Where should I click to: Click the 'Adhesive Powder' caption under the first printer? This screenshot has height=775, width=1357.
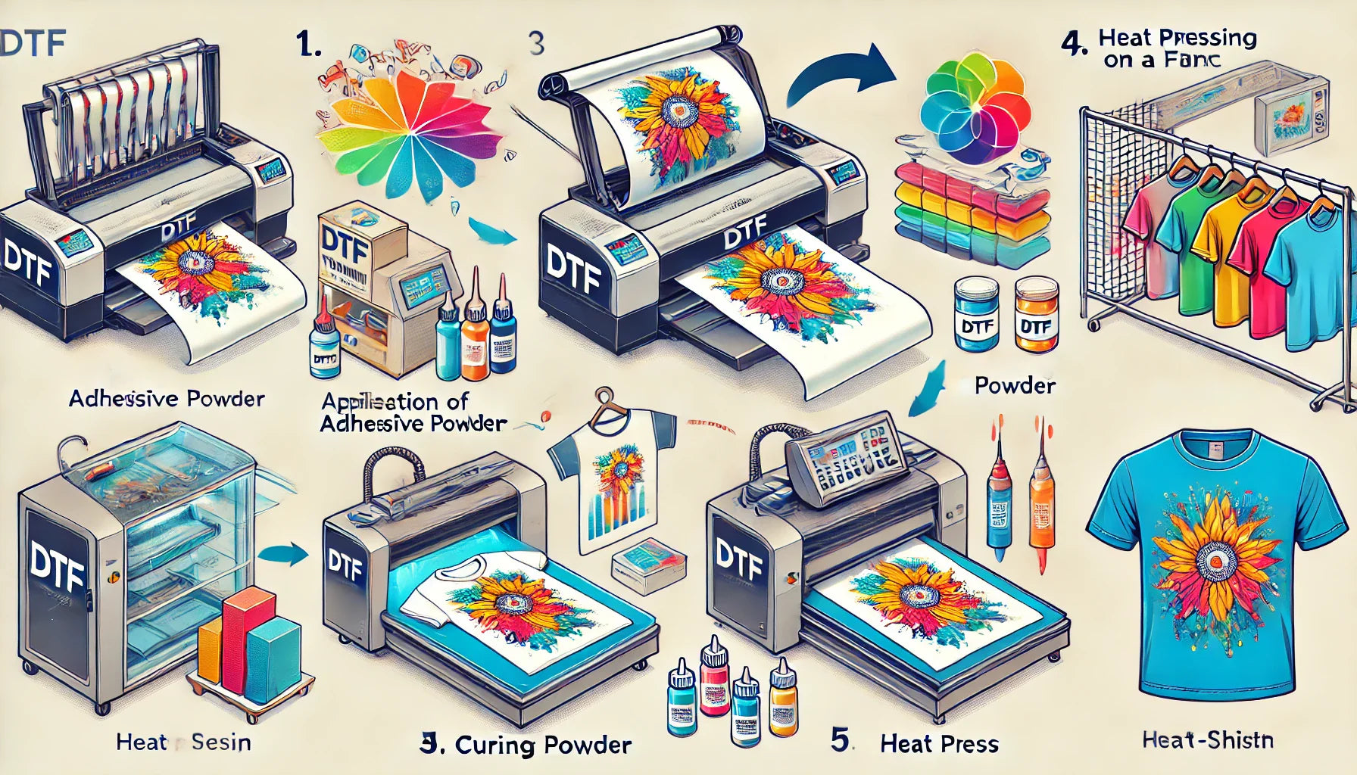pos(167,398)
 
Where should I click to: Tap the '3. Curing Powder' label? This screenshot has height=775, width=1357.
pos(526,745)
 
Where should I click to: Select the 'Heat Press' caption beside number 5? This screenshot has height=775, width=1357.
pos(939,744)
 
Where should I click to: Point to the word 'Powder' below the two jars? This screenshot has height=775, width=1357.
pos(1015,385)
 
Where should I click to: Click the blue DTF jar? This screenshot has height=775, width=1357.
pos(977,314)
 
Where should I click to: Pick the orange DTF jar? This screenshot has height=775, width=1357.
pos(1036,314)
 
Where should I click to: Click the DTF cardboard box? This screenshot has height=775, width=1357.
pos(345,250)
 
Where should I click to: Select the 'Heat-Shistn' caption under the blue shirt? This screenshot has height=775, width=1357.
pos(1207,739)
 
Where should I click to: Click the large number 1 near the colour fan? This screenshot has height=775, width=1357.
pos(309,45)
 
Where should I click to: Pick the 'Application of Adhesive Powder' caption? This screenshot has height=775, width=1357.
pos(413,412)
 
